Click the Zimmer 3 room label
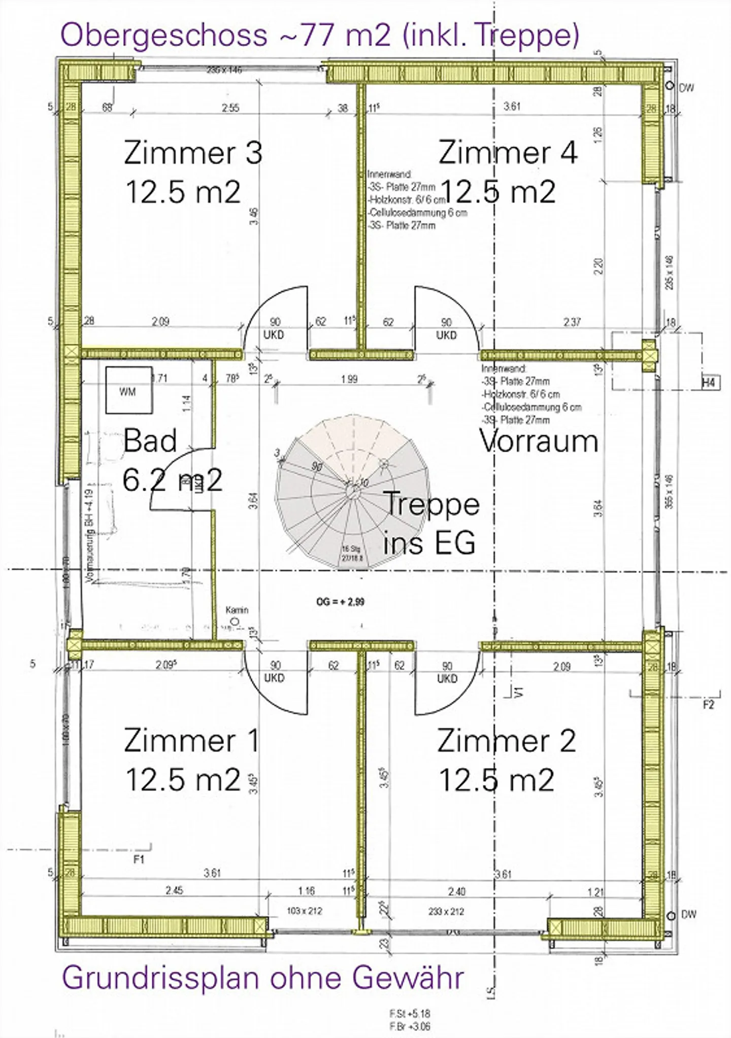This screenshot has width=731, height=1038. pyautogui.click(x=193, y=153)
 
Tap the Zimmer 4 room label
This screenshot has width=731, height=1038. pyautogui.click(x=508, y=153)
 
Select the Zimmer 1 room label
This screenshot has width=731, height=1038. pyautogui.click(x=191, y=740)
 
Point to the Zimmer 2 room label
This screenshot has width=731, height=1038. pyautogui.click(x=506, y=741)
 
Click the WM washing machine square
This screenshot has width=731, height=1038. pyautogui.click(x=129, y=390)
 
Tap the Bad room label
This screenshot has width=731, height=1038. pyautogui.click(x=150, y=440)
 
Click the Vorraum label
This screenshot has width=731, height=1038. pyautogui.click(x=539, y=441)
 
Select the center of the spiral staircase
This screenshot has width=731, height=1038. pyautogui.click(x=351, y=490)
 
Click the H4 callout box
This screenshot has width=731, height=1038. pyautogui.click(x=709, y=383)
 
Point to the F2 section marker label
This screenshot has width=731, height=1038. pyautogui.click(x=709, y=705)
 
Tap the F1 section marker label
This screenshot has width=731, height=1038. pyautogui.click(x=139, y=859)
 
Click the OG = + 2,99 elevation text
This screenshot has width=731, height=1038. pyautogui.click(x=340, y=602)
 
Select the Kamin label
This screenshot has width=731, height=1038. pyautogui.click(x=237, y=610)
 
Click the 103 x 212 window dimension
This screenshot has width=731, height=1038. pyautogui.click(x=304, y=925)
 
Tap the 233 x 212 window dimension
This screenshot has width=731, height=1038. pyautogui.click(x=446, y=925)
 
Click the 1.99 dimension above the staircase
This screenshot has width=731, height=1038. pyautogui.click(x=349, y=379)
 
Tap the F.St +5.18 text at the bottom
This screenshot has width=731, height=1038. pyautogui.click(x=410, y=1014)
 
